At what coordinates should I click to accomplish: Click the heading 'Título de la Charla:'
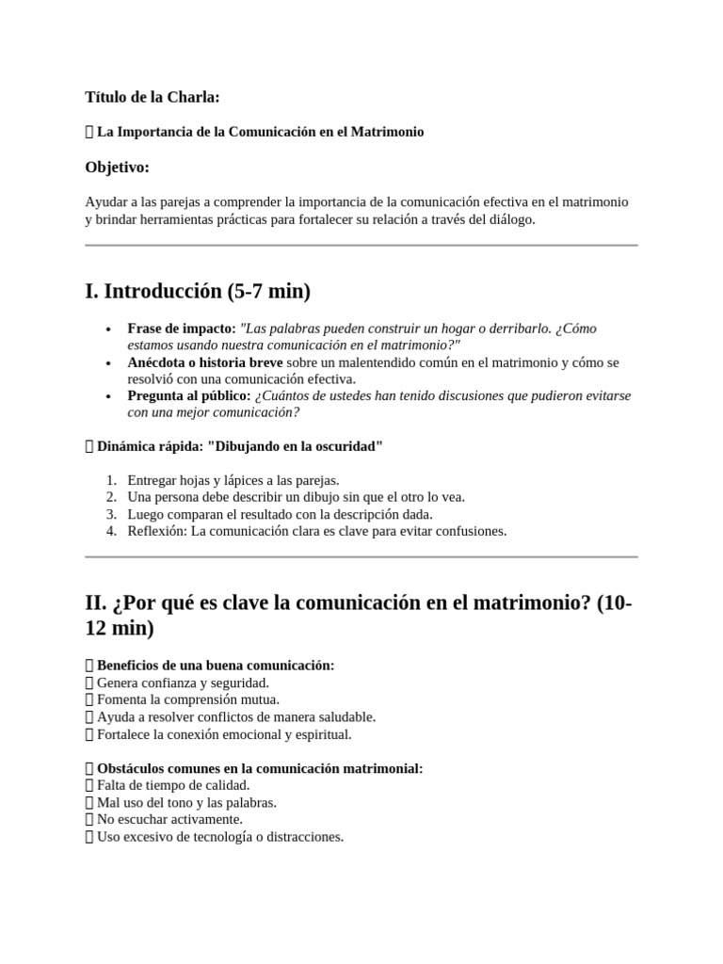[152, 96]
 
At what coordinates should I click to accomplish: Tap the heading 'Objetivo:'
[117, 167]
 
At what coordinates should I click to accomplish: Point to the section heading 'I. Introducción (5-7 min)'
[198, 292]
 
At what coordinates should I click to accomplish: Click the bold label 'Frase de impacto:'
[182, 329]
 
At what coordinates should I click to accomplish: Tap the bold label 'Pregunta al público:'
[189, 395]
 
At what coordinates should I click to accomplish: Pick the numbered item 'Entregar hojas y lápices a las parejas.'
[233, 480]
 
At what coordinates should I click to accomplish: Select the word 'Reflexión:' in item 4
[157, 531]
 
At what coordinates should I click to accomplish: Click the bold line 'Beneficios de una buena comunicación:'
[216, 666]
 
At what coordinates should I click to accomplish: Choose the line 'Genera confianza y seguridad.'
[183, 683]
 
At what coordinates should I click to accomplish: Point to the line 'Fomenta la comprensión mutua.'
[188, 699]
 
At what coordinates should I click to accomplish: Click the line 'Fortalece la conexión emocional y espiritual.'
[224, 734]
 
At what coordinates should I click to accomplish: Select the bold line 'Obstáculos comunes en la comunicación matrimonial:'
[260, 769]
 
